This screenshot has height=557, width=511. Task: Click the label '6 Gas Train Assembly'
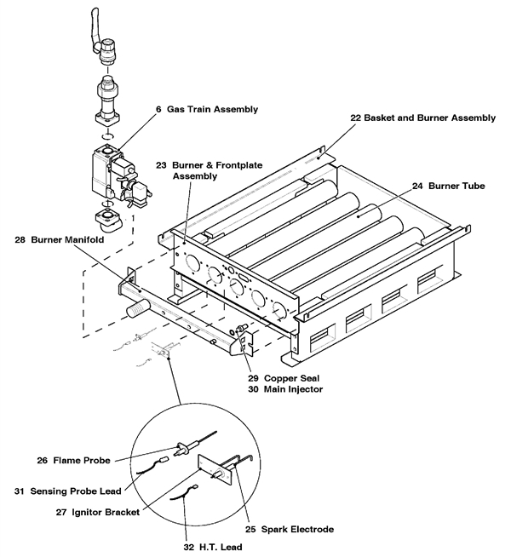click(x=202, y=110)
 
